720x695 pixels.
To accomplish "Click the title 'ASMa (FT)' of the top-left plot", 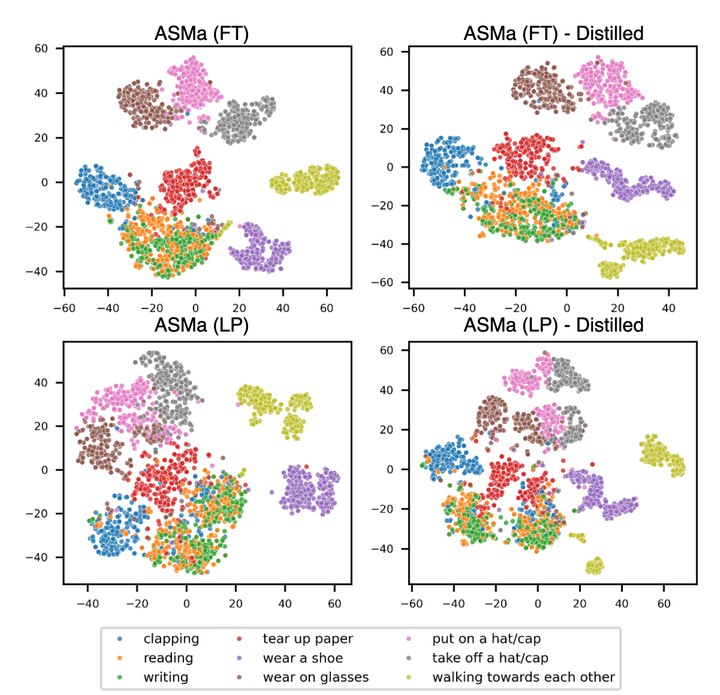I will pos(202,33).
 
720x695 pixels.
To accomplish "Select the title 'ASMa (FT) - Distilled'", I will pos(553,33).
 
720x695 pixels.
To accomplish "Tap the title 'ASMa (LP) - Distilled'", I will pos(553,325).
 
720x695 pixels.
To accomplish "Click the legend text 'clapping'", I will pos(171,639).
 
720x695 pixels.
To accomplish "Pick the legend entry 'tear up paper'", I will pos(308,639).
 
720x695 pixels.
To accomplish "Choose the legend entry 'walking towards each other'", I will pos(523,677).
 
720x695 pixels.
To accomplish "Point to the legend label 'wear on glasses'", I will pos(316,677).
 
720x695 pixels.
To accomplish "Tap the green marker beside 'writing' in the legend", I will pos(119,677).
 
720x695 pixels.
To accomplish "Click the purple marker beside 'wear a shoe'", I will pos(239,658).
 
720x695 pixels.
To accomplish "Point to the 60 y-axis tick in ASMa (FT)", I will pos(41,49).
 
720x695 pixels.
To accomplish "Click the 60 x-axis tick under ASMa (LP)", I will pos(335,604).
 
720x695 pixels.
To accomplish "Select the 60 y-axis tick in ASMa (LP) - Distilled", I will pos(386,350).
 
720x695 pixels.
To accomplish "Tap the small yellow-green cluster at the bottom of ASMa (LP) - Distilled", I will pos(594,566).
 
